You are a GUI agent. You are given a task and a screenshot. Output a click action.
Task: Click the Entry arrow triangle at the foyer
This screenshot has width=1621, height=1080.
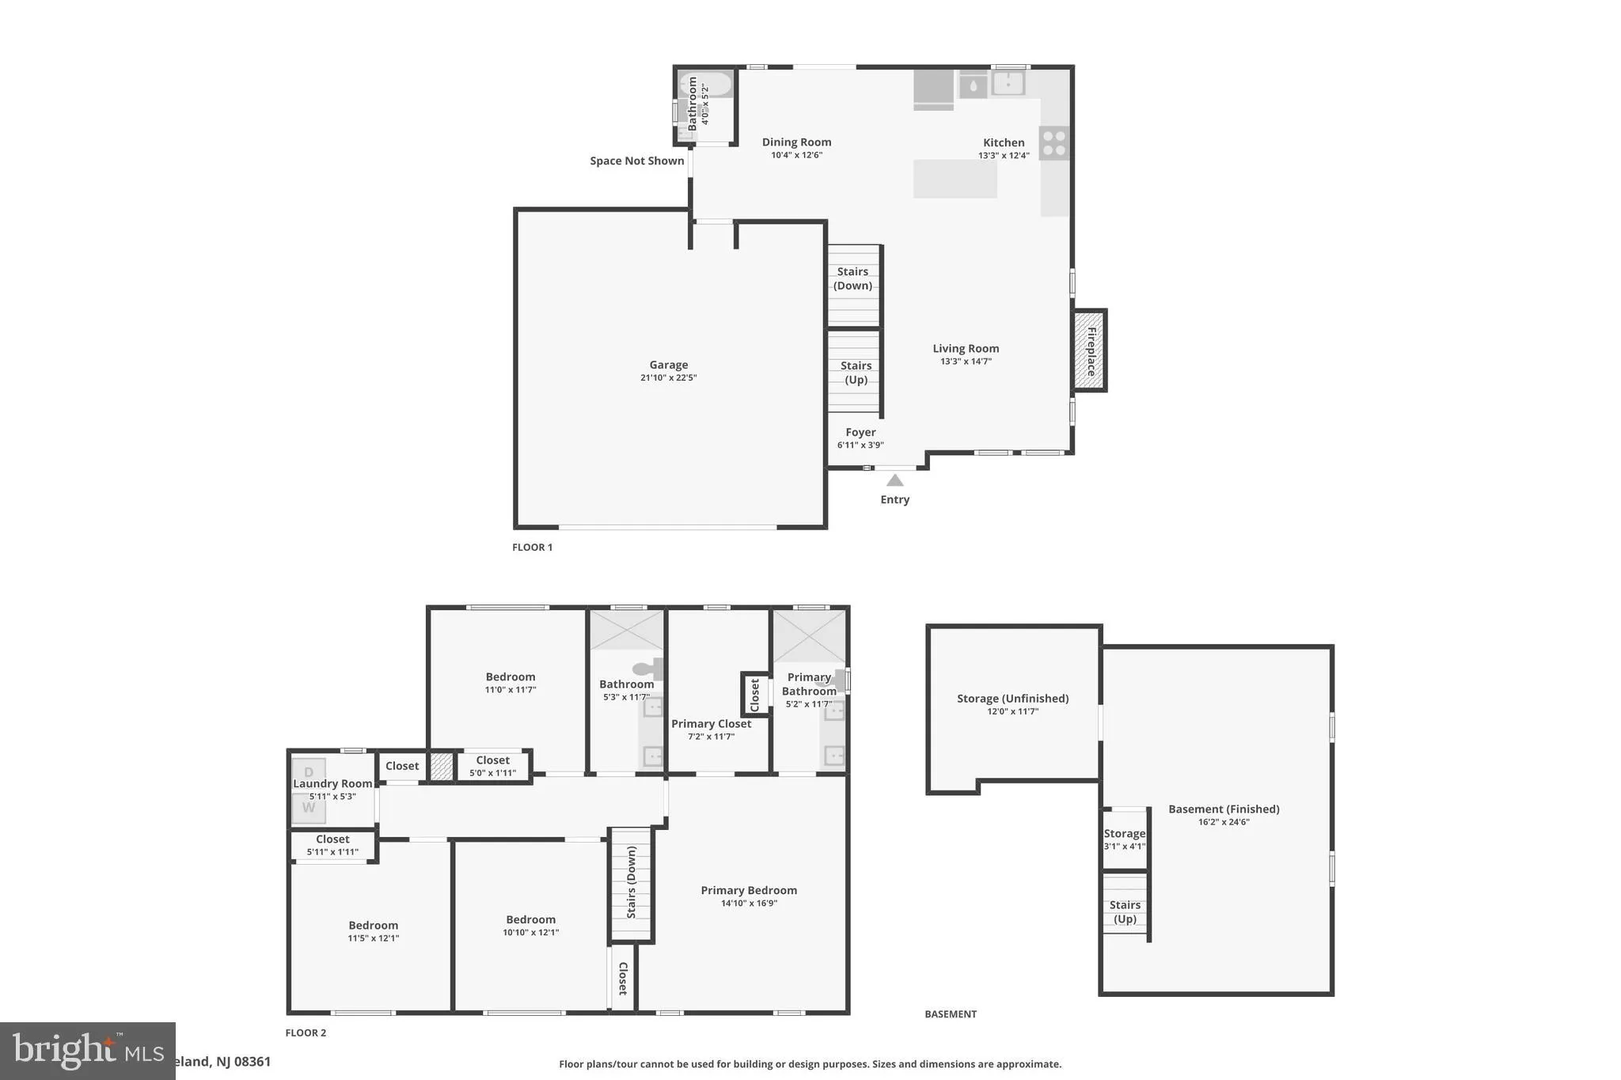point(894,480)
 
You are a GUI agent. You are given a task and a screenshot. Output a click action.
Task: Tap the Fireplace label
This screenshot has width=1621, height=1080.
point(1091,351)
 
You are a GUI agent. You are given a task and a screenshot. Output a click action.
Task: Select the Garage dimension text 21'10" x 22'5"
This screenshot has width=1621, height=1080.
point(668,378)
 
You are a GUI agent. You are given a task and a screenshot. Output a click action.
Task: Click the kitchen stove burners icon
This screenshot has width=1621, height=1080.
point(1053,143)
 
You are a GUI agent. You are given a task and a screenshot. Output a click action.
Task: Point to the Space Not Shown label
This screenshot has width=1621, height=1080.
point(636,161)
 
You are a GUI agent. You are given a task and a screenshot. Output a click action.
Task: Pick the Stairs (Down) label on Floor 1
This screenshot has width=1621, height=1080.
point(852,279)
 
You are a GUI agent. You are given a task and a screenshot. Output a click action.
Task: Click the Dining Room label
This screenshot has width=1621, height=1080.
point(796,142)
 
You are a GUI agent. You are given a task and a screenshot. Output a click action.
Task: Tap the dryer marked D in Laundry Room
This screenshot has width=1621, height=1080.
point(309,771)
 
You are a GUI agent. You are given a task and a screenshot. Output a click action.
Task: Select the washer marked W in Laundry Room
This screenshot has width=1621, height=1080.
point(309,808)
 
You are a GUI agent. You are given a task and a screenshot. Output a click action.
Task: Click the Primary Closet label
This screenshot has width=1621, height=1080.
point(711,724)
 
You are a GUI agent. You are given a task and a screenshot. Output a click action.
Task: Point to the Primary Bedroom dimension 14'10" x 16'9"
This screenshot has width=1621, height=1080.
point(749,904)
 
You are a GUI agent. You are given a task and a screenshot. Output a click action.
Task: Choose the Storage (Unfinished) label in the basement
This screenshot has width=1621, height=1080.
point(1012,699)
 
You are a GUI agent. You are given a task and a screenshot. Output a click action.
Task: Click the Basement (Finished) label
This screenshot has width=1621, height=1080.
point(1224,809)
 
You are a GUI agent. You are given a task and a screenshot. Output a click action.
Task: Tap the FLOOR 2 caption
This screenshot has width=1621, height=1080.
point(306,1033)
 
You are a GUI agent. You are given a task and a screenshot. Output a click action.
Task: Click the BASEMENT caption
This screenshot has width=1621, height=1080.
point(951,1014)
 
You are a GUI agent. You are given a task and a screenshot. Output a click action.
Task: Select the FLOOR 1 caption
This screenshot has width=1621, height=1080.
point(532,548)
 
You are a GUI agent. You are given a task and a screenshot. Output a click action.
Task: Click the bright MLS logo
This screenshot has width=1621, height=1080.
point(87,1051)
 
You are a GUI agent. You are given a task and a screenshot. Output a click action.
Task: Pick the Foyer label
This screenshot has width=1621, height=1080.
point(860,433)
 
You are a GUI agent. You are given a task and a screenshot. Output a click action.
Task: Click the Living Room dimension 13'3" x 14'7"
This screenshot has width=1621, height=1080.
point(966,362)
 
